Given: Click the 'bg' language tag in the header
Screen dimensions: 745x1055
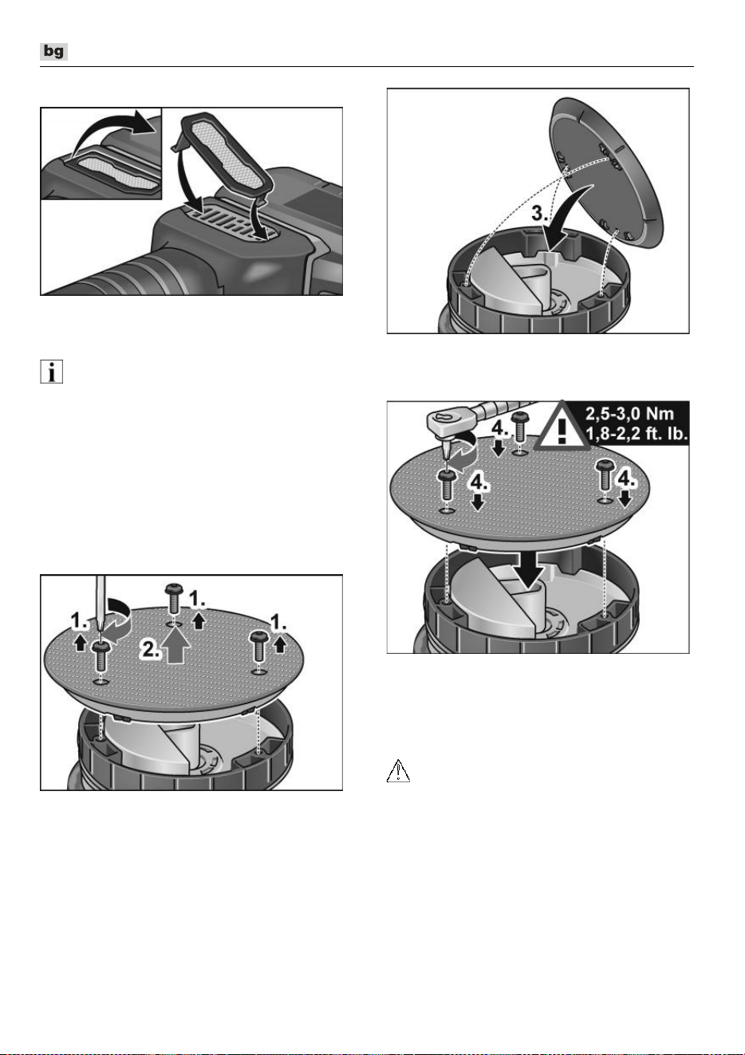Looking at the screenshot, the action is (53, 51).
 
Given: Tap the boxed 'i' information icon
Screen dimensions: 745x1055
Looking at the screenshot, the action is (51, 372).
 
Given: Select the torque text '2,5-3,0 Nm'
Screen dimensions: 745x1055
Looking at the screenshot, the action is (629, 414).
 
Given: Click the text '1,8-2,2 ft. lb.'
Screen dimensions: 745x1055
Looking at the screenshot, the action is (637, 433).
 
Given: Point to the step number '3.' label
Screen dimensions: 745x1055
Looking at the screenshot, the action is (541, 214).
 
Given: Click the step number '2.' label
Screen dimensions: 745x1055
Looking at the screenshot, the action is (151, 650).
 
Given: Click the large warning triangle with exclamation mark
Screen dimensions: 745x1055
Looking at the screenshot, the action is (562, 425).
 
